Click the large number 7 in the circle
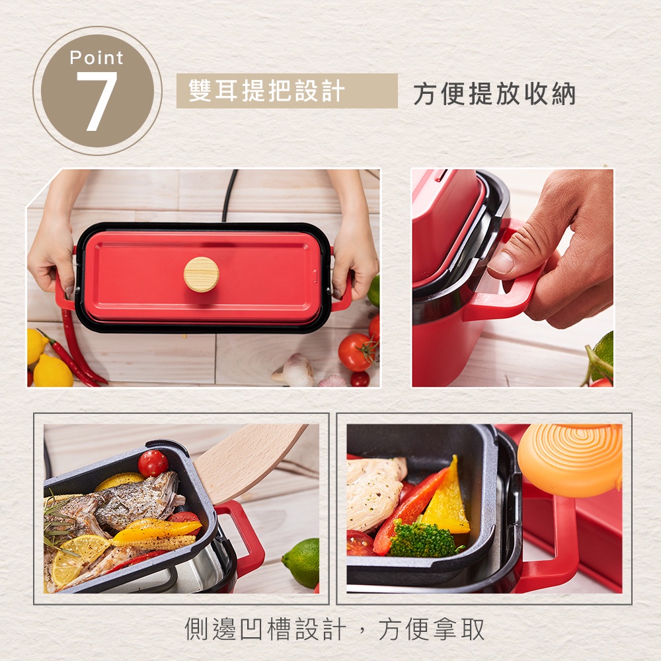click(x=97, y=101)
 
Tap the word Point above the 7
click(x=97, y=58)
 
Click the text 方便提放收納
click(x=494, y=94)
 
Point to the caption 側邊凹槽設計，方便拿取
click(x=334, y=629)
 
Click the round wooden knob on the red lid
click(x=202, y=274)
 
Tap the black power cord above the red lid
click(x=230, y=195)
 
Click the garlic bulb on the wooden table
click(x=295, y=369)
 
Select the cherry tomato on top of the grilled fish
click(x=153, y=463)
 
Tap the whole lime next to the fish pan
click(x=302, y=563)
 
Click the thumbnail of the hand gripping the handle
click(x=513, y=278)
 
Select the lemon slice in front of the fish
click(x=80, y=559)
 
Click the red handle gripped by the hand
click(x=506, y=291)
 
